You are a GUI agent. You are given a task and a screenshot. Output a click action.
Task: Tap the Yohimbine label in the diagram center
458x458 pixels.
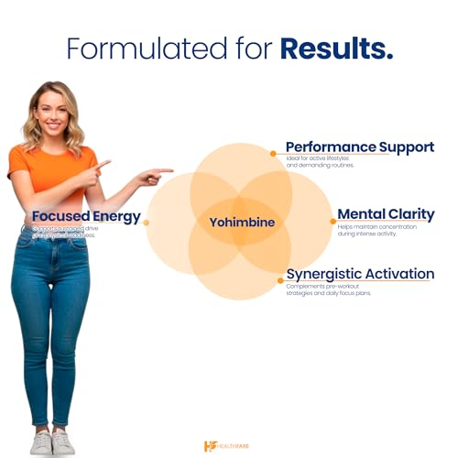[242, 222]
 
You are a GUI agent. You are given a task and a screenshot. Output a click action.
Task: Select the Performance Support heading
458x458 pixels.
[359, 147]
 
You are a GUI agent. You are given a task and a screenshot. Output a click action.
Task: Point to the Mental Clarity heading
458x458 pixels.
[386, 214]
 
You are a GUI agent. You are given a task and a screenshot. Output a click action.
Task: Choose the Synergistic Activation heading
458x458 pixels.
[359, 273]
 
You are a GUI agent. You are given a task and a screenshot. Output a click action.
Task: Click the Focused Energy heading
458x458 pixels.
[86, 217]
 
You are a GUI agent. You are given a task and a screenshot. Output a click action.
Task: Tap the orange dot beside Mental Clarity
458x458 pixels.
[332, 221]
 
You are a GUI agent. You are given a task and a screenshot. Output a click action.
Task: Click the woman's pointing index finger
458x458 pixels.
[165, 170]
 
